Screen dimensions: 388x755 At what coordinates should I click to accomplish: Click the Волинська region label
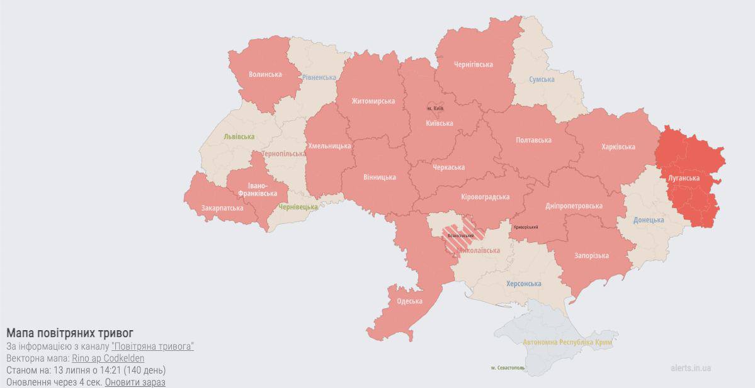coord(265,74)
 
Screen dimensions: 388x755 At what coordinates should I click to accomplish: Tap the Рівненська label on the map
coord(319,77)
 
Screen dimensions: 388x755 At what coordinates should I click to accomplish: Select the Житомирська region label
coord(373,101)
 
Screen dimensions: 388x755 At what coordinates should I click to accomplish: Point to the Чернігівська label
coord(473,64)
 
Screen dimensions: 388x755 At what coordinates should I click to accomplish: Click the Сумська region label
coord(542,79)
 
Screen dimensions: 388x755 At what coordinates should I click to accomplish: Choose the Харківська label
coord(618,147)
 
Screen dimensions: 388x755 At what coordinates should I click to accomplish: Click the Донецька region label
coord(649,220)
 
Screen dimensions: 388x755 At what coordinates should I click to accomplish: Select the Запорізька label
coord(591,255)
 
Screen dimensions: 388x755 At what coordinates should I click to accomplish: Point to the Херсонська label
coord(523,284)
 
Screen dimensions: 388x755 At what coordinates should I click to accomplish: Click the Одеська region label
coord(409,301)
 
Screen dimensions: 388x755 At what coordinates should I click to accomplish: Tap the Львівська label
coord(239,136)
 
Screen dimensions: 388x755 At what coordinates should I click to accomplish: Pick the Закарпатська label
coord(222,208)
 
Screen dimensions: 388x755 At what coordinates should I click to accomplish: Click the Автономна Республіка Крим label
coord(567,343)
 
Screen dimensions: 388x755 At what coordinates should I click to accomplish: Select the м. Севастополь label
coord(508,368)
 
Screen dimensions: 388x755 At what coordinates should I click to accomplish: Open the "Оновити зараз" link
coord(135,382)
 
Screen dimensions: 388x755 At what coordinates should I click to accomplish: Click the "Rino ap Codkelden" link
coord(108,358)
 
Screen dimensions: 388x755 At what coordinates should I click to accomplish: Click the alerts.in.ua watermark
coord(690,368)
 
